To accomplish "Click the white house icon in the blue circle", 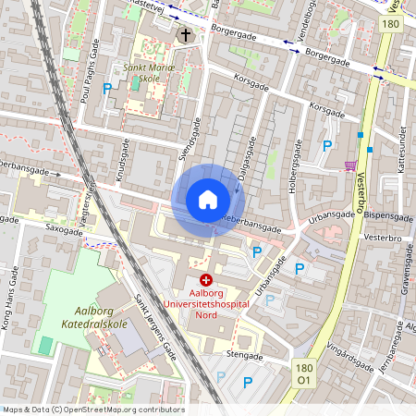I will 207,199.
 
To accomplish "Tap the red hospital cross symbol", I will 205,278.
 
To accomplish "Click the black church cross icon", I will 185,36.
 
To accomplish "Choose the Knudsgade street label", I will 121,162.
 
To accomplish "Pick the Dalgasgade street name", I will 247,156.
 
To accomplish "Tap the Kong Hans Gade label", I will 14,295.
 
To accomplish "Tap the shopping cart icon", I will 349,166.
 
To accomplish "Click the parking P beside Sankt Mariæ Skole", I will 108,89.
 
